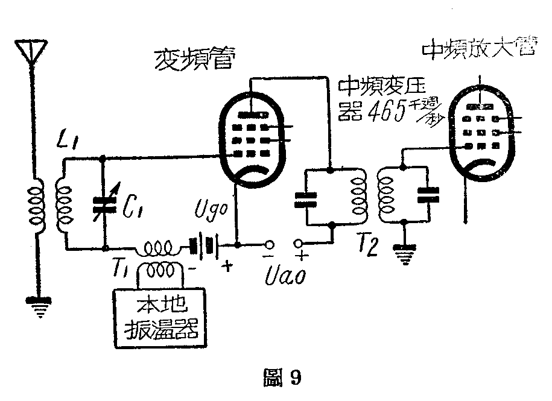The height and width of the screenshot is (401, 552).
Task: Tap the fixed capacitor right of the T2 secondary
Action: (429, 194)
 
